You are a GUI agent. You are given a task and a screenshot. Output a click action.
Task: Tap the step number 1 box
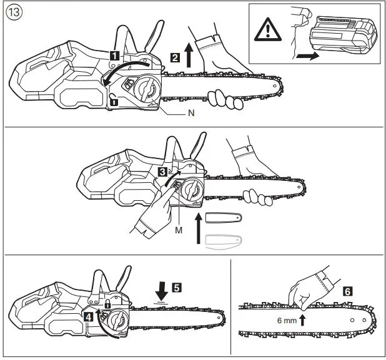click(x=115, y=55)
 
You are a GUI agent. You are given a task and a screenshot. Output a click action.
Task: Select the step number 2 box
click(x=176, y=57)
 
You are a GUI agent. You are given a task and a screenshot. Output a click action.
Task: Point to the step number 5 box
click(x=177, y=288)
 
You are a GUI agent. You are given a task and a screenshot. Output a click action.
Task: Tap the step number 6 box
click(x=347, y=291)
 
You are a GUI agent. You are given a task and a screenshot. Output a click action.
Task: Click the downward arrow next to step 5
click(x=162, y=288)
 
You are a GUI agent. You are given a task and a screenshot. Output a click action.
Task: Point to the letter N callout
click(x=192, y=115)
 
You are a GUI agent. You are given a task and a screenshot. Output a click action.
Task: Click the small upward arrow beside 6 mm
click(x=302, y=321)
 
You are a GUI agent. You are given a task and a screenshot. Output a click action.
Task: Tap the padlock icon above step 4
click(x=107, y=304)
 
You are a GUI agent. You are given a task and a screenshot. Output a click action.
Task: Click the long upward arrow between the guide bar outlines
click(x=199, y=230)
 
